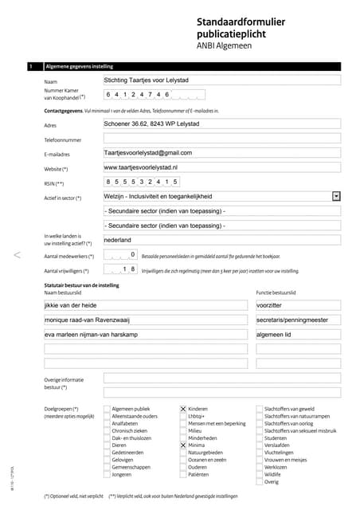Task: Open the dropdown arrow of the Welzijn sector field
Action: point(337,196)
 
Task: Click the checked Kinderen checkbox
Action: point(182,409)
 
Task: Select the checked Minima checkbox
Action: point(182,445)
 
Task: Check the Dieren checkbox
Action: point(107,445)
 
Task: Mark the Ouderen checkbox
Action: point(182,468)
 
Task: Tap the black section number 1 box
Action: point(30,67)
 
